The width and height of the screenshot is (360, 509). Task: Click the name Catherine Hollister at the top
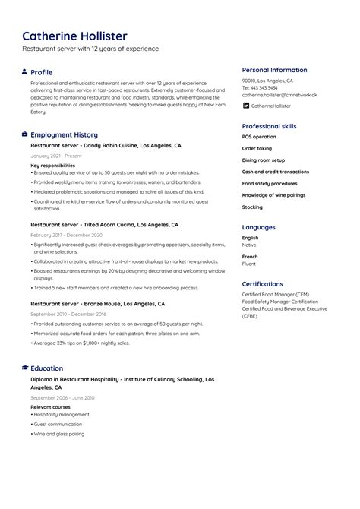click(x=74, y=36)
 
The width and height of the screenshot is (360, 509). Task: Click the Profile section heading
click(x=41, y=72)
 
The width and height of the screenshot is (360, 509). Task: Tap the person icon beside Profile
click(x=24, y=72)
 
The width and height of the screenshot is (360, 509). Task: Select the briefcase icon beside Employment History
click(x=24, y=134)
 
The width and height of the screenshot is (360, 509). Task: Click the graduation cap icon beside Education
click(x=24, y=368)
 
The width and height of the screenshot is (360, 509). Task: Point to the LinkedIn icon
click(x=245, y=106)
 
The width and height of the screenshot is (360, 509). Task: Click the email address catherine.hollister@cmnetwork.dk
click(x=279, y=96)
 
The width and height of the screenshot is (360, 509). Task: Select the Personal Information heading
click(x=274, y=70)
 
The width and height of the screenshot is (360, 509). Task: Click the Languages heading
click(x=258, y=227)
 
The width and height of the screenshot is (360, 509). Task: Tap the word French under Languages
click(x=250, y=257)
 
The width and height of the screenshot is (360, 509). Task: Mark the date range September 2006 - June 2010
click(x=62, y=398)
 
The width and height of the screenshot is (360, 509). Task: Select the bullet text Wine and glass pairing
click(x=60, y=434)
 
